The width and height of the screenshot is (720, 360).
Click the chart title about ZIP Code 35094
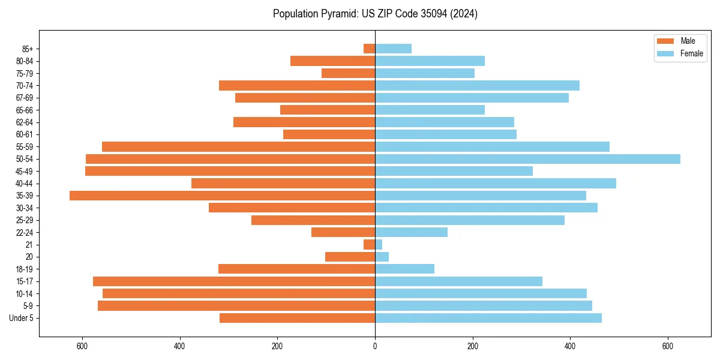click(x=375, y=14)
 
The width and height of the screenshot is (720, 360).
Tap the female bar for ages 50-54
click(x=527, y=159)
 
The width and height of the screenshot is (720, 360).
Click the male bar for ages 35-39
click(x=222, y=196)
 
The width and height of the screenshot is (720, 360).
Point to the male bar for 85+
click(x=370, y=49)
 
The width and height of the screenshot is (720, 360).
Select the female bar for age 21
click(x=379, y=245)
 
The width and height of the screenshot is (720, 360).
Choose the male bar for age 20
click(x=350, y=257)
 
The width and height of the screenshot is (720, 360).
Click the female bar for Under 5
click(x=488, y=318)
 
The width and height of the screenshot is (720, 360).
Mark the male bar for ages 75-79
click(x=349, y=73)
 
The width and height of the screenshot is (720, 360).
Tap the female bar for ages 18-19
click(x=404, y=269)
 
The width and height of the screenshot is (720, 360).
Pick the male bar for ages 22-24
click(x=343, y=232)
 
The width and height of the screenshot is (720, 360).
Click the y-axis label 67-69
click(x=25, y=98)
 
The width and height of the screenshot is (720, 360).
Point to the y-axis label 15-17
click(x=25, y=281)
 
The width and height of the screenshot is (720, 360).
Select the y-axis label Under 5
click(x=22, y=318)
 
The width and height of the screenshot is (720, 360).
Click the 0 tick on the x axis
click(x=375, y=346)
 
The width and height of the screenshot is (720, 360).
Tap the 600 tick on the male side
click(x=82, y=346)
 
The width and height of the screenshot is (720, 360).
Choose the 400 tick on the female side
click(x=570, y=346)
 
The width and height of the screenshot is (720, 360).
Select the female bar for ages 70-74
click(x=477, y=85)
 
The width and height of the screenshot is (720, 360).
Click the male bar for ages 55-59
click(x=238, y=146)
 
